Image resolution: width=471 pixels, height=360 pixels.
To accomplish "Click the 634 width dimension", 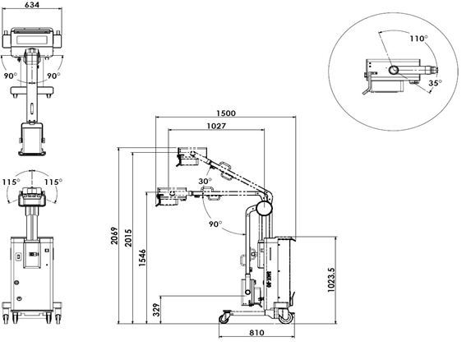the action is coord(32,4).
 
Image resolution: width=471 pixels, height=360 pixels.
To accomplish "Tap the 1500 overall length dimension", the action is coord(226,113).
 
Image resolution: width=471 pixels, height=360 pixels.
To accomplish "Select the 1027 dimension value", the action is coord(216,126).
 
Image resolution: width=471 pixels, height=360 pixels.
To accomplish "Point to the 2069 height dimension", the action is coord(114,236).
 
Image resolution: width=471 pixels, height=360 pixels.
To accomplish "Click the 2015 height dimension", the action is coord(128,238).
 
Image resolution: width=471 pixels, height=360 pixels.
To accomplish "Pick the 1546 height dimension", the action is coord(142,257).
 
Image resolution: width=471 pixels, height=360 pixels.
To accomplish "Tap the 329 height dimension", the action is coord(156,310).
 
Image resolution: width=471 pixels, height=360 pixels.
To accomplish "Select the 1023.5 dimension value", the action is coord(330,279).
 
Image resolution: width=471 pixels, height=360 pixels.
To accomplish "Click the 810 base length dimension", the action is coord(256,332).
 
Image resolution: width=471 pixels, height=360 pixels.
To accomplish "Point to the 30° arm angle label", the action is coord(205,182).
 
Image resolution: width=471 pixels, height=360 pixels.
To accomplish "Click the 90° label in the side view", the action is coord(215,224).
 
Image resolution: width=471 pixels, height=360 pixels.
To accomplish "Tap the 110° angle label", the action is coord(419,39).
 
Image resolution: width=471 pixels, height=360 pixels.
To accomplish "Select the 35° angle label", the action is coord(436,82).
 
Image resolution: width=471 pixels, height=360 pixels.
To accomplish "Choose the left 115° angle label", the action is coord(12,182).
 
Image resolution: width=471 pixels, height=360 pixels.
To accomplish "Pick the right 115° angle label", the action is coord(53,182).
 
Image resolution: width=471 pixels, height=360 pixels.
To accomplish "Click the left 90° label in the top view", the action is coord(11,76).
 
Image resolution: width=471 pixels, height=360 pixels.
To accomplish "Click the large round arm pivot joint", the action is coord(264,208).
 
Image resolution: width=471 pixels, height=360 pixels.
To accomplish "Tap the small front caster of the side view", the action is coord(224,318).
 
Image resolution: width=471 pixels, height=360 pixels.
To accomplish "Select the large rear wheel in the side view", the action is coord(285,317).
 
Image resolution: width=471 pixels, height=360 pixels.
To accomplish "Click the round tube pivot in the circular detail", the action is coord(394,70).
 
